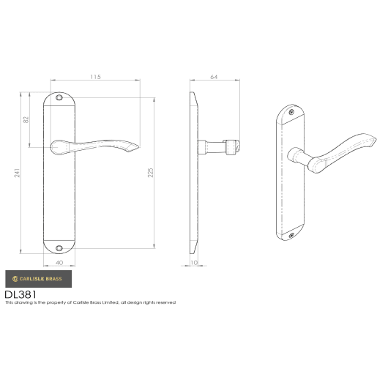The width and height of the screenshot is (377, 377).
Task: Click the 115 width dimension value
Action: [95, 76]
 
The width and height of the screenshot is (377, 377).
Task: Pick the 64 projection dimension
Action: [214, 76]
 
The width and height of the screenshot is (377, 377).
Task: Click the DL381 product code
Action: [20, 294]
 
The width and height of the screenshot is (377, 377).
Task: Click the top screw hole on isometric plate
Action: [293, 113]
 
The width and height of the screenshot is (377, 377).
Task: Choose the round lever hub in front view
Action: [59, 146]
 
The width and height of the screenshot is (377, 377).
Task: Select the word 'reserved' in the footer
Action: [165, 302]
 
